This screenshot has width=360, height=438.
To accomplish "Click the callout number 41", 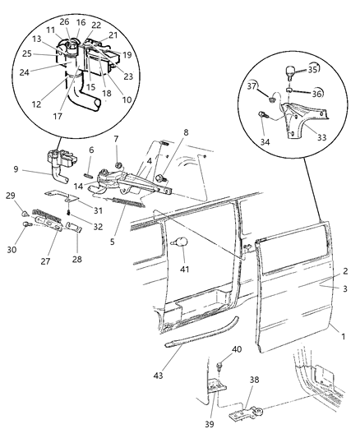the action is [x=185, y=269].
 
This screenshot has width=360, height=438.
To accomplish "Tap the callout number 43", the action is [x=158, y=376].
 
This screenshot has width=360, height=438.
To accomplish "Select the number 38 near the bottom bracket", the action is [x=254, y=380].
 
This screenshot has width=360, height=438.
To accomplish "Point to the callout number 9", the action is [x=16, y=169].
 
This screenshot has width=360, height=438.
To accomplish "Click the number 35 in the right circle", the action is [x=312, y=70].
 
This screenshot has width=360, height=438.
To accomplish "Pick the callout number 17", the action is [x=58, y=116].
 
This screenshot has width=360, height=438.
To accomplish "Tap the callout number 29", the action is [x=11, y=196].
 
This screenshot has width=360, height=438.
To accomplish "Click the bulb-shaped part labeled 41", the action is [x=181, y=242].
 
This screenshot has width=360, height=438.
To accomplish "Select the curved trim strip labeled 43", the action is [x=201, y=332].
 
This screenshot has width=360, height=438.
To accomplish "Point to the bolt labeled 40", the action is [x=219, y=366].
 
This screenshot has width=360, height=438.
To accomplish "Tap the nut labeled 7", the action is [x=118, y=164].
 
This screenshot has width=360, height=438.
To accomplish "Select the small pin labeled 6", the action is [x=89, y=175].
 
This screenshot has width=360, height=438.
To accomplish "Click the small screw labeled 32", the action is [x=68, y=213].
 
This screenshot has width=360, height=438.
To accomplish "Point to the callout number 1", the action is [x=343, y=336].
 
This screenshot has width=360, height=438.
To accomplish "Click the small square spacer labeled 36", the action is [x=289, y=90].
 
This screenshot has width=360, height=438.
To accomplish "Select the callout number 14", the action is [x=78, y=186].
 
